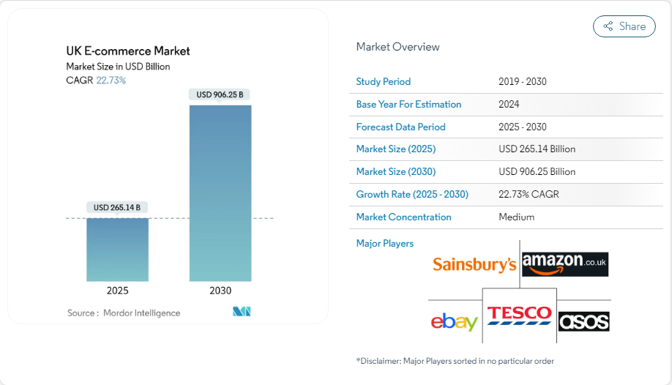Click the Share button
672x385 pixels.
point(624,26)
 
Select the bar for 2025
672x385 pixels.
point(117,250)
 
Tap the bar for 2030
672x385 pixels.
point(220,193)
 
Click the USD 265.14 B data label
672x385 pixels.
point(117,208)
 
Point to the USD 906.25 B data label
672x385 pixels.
point(220,94)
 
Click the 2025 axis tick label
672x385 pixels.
point(117,291)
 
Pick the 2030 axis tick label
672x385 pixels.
point(220,291)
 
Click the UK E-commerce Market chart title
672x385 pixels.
point(128,51)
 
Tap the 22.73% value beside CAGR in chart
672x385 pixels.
point(111,81)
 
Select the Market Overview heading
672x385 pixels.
point(397,47)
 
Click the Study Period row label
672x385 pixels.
point(383,82)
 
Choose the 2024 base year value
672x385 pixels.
point(509,105)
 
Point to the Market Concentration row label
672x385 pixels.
point(403,217)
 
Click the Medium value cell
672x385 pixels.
point(516,217)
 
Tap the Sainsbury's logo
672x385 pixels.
point(474,264)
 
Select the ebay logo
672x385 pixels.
point(454,321)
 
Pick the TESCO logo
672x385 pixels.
point(520,315)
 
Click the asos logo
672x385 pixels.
point(583,321)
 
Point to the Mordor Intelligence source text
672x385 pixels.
point(141,313)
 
